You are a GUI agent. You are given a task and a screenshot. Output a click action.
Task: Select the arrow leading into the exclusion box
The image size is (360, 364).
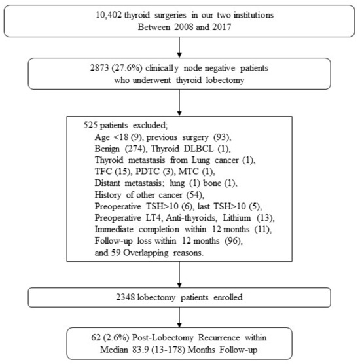point(179,107)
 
